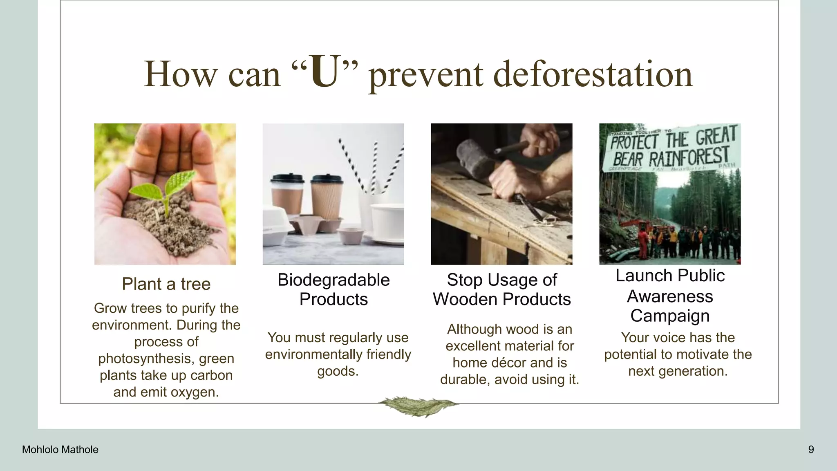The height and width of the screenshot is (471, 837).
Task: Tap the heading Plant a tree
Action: tap(166, 284)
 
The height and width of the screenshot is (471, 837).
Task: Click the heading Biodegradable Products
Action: tap(333, 289)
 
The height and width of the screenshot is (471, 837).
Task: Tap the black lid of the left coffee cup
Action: tap(287, 178)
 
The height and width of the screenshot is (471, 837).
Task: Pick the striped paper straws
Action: tap(374, 168)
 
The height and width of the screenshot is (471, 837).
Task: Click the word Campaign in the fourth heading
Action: tap(669, 316)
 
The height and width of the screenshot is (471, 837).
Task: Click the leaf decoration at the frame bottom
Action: tap(418, 406)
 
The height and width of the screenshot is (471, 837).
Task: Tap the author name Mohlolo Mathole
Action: tap(60, 450)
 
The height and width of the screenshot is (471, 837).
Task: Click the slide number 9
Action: tap(811, 450)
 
